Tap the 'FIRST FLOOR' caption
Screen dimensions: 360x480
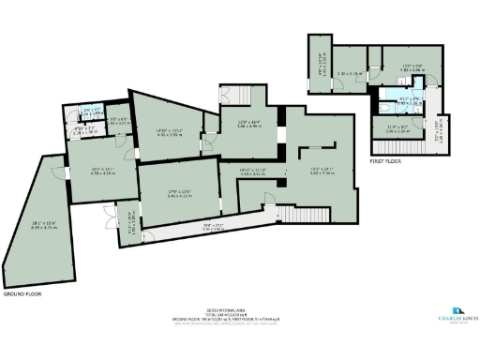pyautogui.click(x=383, y=160)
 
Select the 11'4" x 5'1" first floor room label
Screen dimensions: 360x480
pyautogui.click(x=397, y=130)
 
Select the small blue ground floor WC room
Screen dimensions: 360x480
pyautogui.click(x=92, y=112)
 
